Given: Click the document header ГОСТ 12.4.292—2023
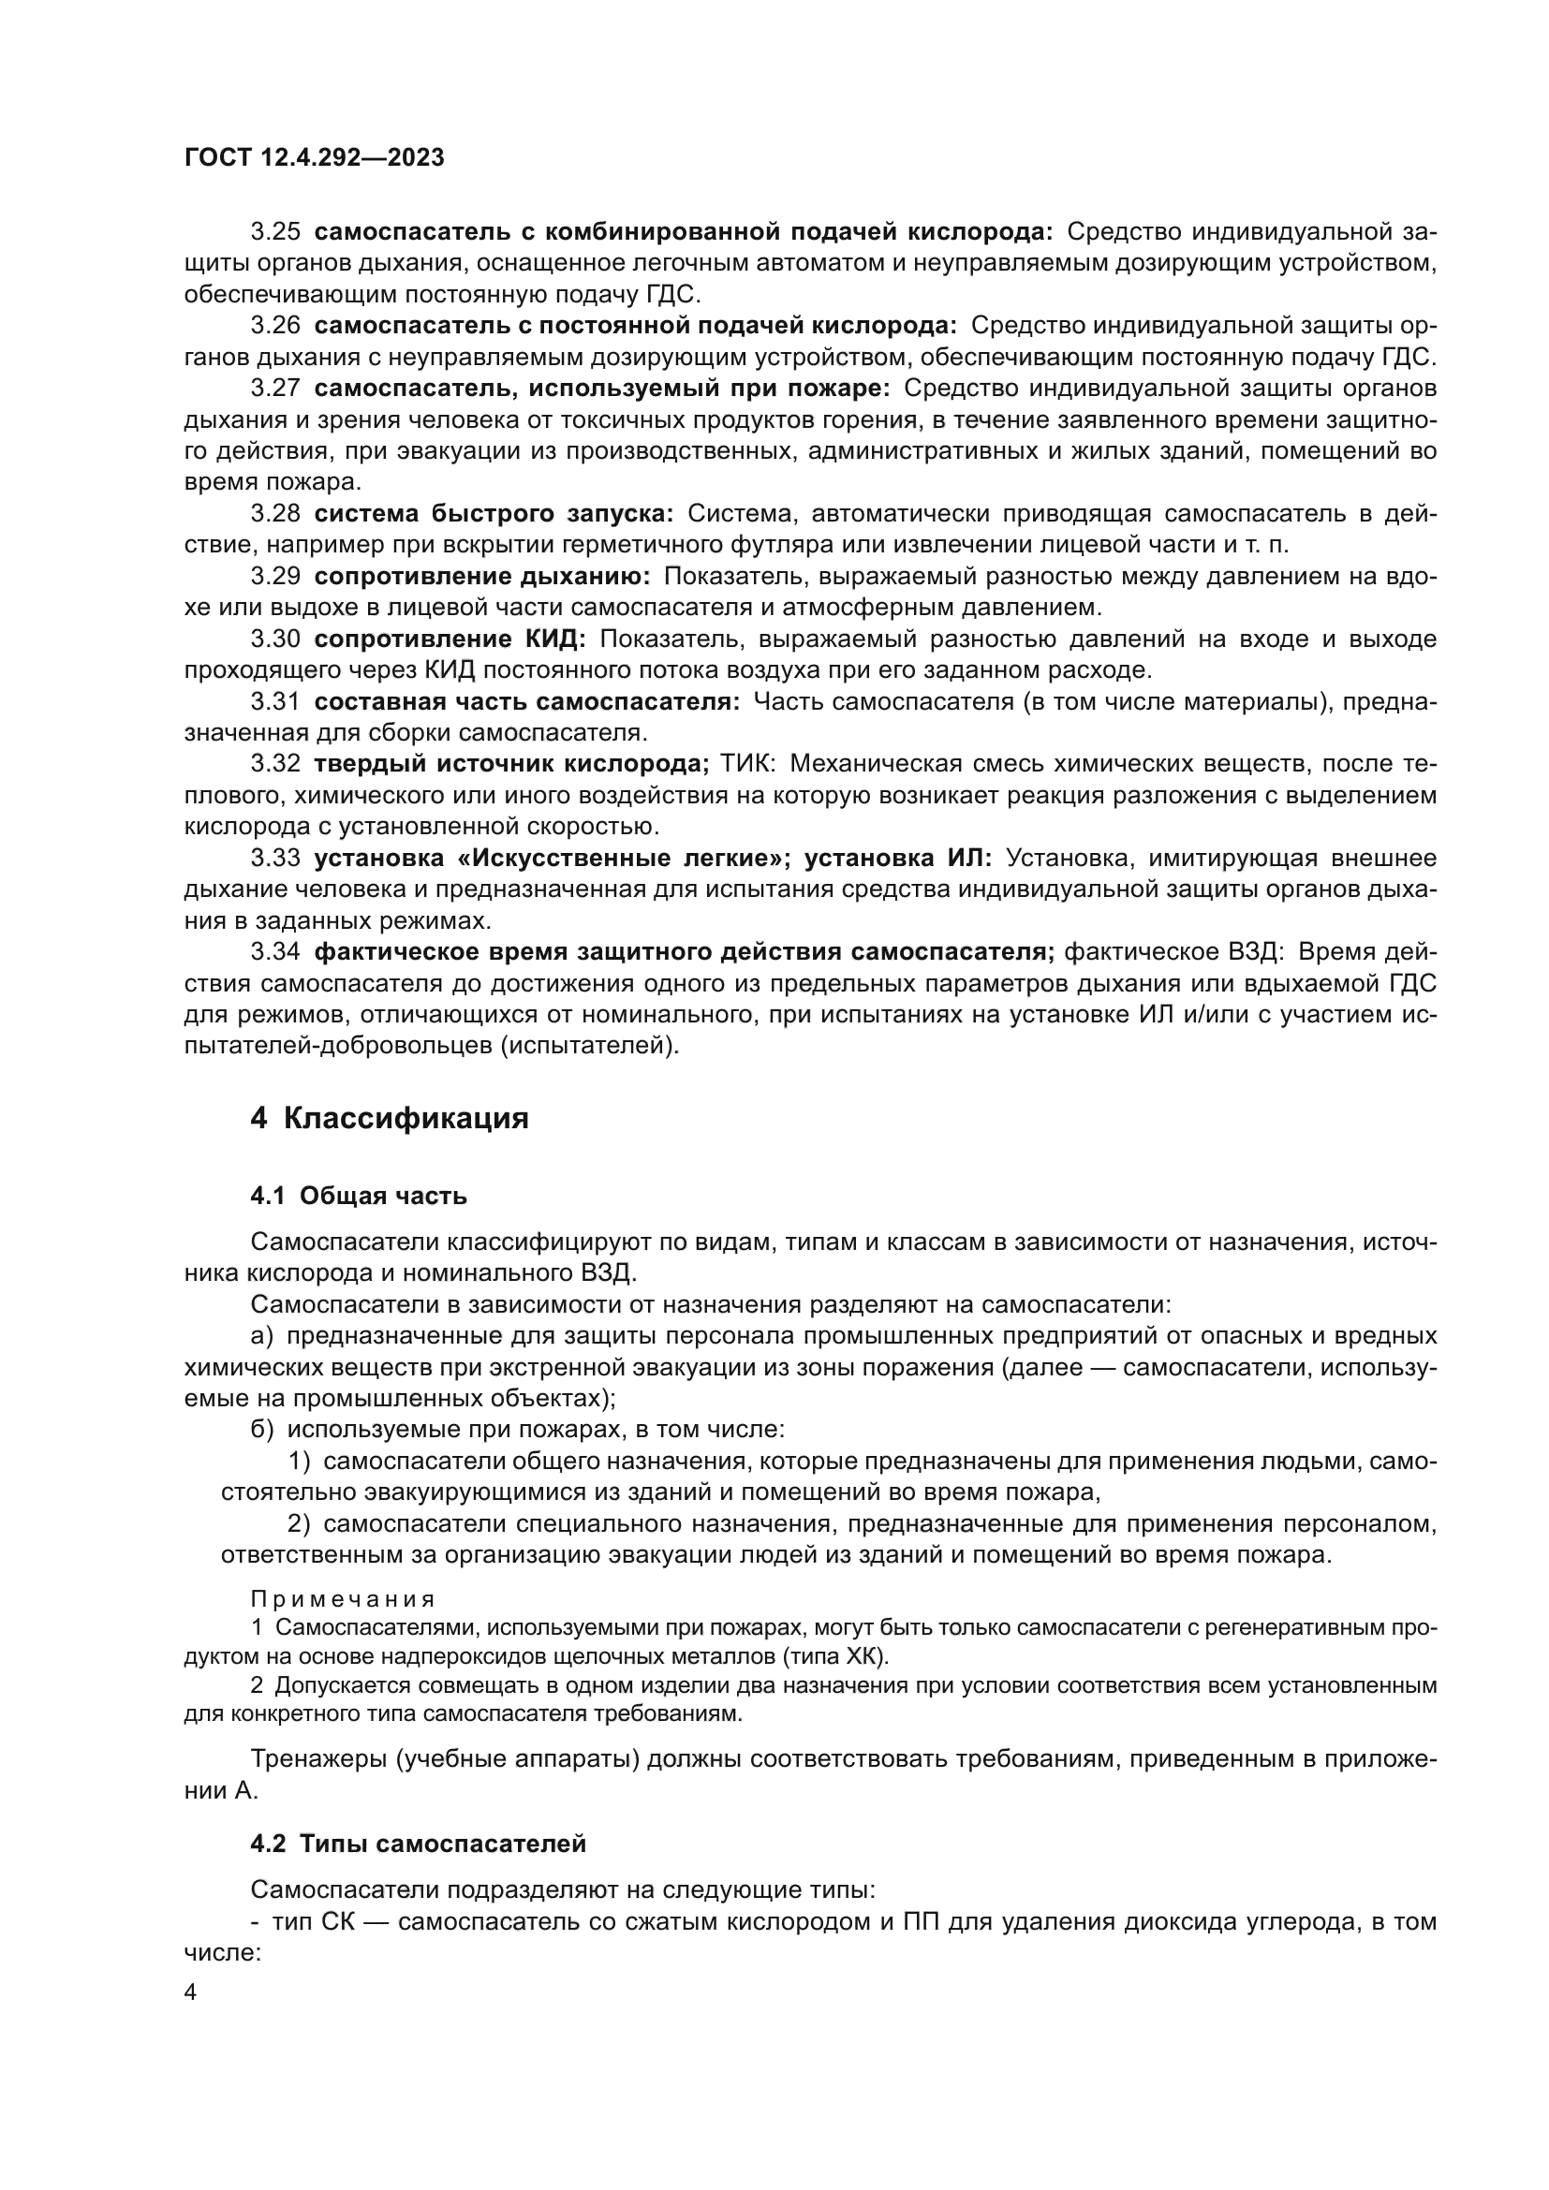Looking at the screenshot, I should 314,158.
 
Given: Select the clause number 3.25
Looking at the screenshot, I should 274,232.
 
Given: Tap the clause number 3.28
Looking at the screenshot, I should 274,514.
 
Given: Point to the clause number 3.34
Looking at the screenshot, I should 274,952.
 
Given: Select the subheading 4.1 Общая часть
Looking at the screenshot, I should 359,1196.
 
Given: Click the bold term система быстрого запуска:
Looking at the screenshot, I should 494,514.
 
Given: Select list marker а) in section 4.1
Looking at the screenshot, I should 261,1336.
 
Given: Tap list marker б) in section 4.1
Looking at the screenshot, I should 261,1430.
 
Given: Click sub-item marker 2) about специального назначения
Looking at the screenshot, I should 300,1524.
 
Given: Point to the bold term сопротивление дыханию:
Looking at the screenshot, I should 482,576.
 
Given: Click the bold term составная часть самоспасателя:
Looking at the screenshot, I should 526,702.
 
